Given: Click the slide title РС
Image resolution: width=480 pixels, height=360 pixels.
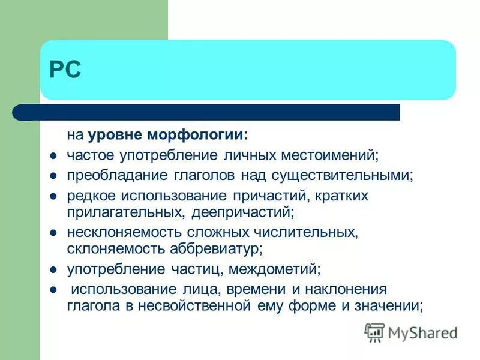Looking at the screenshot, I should click(65, 71).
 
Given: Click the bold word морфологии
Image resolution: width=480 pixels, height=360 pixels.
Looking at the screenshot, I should click(204, 136).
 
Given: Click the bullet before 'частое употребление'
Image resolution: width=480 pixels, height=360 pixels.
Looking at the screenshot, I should click(53, 155).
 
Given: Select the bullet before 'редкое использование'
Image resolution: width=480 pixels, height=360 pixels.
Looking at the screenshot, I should click(53, 196).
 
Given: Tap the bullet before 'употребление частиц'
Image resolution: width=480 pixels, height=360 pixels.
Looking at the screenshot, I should click(53, 268).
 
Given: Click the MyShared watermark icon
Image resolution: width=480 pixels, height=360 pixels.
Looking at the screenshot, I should click(374, 332).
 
